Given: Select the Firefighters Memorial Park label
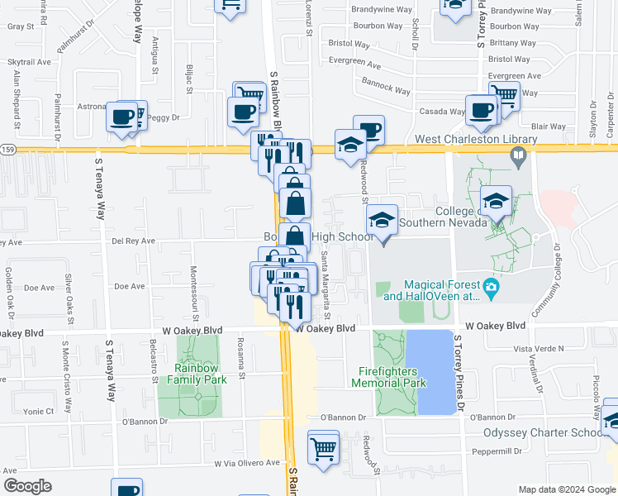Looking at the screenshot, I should pyautogui.click(x=388, y=377).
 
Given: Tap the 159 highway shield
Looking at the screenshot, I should pyautogui.click(x=7, y=149).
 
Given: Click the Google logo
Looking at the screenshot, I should pyautogui.click(x=27, y=486).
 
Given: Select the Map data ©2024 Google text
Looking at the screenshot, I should pyautogui.click(x=566, y=489).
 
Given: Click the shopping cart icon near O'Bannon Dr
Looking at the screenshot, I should pyautogui.click(x=323, y=448).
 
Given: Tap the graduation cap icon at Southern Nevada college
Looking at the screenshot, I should pyautogui.click(x=496, y=201).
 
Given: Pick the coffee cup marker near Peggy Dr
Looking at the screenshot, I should pyautogui.click(x=122, y=117).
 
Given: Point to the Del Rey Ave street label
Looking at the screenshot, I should pyautogui.click(x=133, y=241).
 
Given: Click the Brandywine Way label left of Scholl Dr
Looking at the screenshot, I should pyautogui.click(x=381, y=10).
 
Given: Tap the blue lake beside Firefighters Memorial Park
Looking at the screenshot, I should pyautogui.click(x=435, y=372).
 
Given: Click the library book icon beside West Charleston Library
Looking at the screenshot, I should pyautogui.click(x=517, y=155).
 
